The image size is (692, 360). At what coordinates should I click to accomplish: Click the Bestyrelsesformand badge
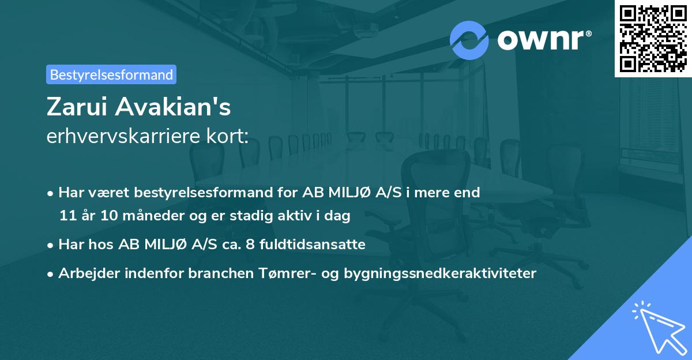[x=111, y=74]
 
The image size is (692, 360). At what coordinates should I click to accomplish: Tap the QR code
[x=653, y=38]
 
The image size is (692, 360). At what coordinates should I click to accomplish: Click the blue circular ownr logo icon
[x=469, y=40]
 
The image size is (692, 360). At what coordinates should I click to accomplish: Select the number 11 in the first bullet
[x=66, y=216]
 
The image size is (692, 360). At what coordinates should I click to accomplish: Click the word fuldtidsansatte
[x=315, y=245]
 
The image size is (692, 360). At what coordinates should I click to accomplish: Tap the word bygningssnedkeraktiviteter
[x=439, y=273]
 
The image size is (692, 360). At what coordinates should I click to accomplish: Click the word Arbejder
[x=85, y=273]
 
